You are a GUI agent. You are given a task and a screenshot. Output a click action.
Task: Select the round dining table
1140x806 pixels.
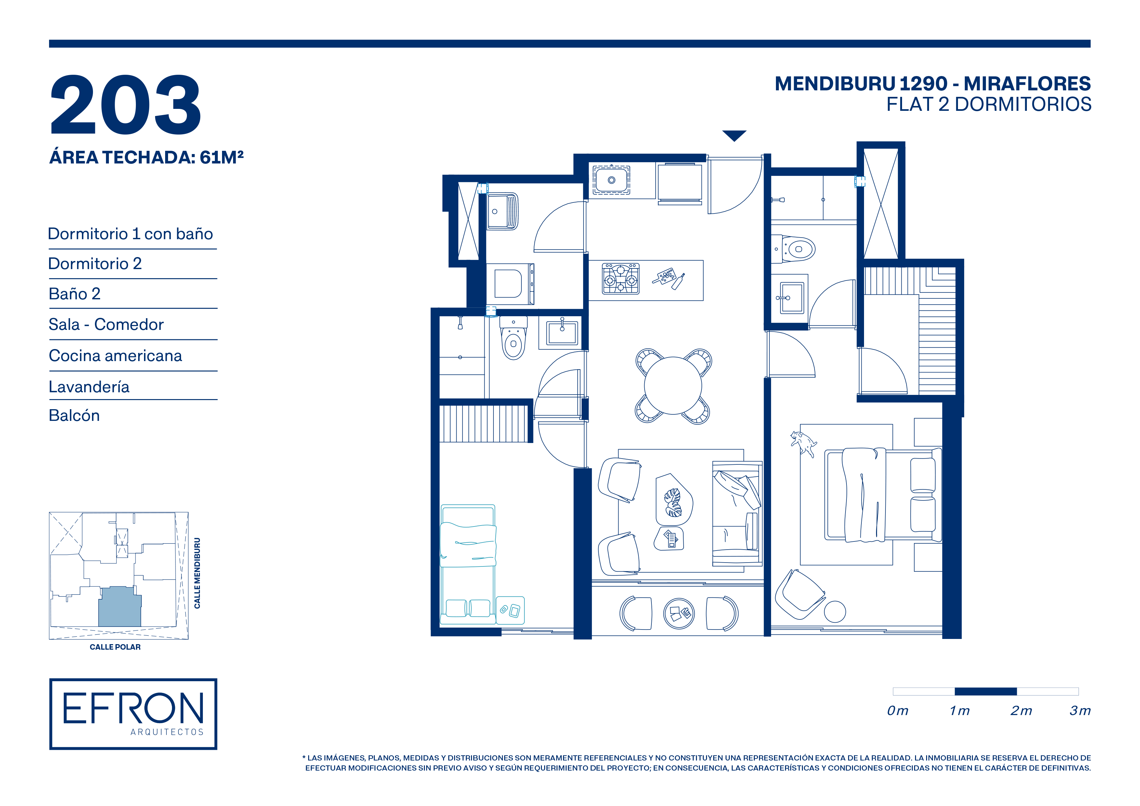tap(673, 386)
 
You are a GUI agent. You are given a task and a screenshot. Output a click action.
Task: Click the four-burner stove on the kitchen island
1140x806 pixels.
tap(621, 279)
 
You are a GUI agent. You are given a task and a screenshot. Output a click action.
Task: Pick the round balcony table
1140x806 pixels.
tap(679, 613)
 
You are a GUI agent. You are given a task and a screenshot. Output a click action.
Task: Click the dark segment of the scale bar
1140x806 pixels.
tap(986, 691)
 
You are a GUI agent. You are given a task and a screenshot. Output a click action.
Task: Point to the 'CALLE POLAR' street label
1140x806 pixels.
tap(115, 647)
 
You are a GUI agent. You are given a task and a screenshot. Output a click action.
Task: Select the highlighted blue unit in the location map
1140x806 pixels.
tap(120, 606)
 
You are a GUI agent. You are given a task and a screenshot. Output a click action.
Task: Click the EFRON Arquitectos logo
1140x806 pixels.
tap(133, 714)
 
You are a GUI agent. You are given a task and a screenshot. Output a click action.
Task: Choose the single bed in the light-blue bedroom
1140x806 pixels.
tap(468, 564)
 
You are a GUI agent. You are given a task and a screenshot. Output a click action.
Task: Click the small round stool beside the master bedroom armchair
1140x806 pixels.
tap(835, 611)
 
